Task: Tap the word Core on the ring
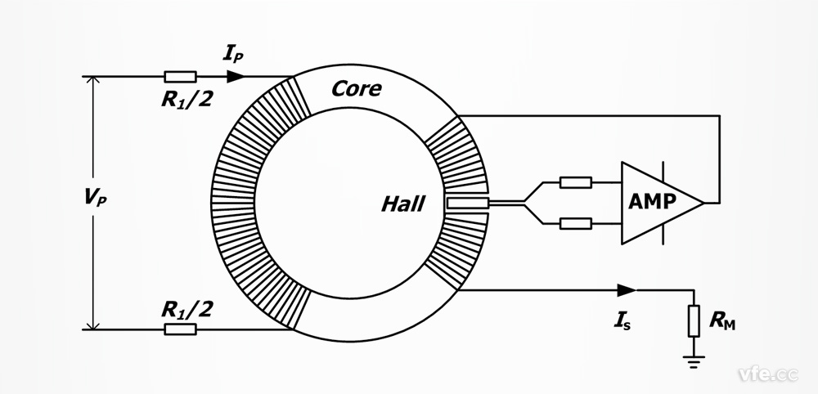pyautogui.click(x=356, y=88)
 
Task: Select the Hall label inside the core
pyautogui.click(x=402, y=204)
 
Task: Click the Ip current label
pyautogui.click(x=232, y=56)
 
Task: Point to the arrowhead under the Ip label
pyautogui.click(x=236, y=77)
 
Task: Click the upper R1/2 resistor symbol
pyautogui.click(x=180, y=77)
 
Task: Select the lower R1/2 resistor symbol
pyautogui.click(x=180, y=329)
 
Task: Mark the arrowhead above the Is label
pyautogui.click(x=627, y=289)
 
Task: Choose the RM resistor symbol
pyautogui.click(x=694, y=321)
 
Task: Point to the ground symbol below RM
pyautogui.click(x=694, y=360)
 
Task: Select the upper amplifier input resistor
pyautogui.click(x=576, y=182)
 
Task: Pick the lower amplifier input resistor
pyautogui.click(x=576, y=222)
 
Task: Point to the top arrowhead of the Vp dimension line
pyautogui.click(x=93, y=83)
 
